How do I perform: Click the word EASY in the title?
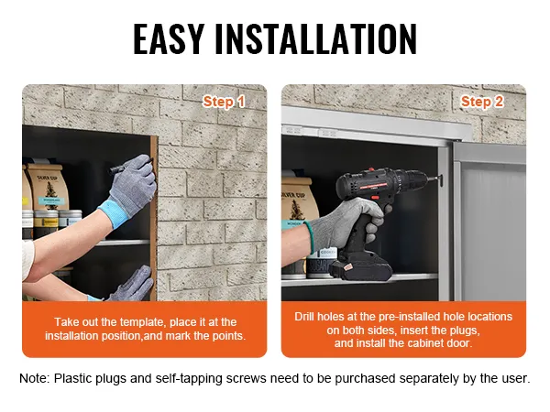tap(169, 38)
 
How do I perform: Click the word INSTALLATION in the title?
tap(316, 38)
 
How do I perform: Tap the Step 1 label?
tap(224, 102)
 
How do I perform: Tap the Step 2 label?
tap(482, 102)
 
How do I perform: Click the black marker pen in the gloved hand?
tap(130, 166)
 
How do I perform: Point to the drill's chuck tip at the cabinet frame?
tap(439, 179)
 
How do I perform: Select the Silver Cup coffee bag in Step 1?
tap(48, 188)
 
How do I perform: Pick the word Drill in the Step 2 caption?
tap(304, 317)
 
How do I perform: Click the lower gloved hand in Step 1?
tap(131, 285)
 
